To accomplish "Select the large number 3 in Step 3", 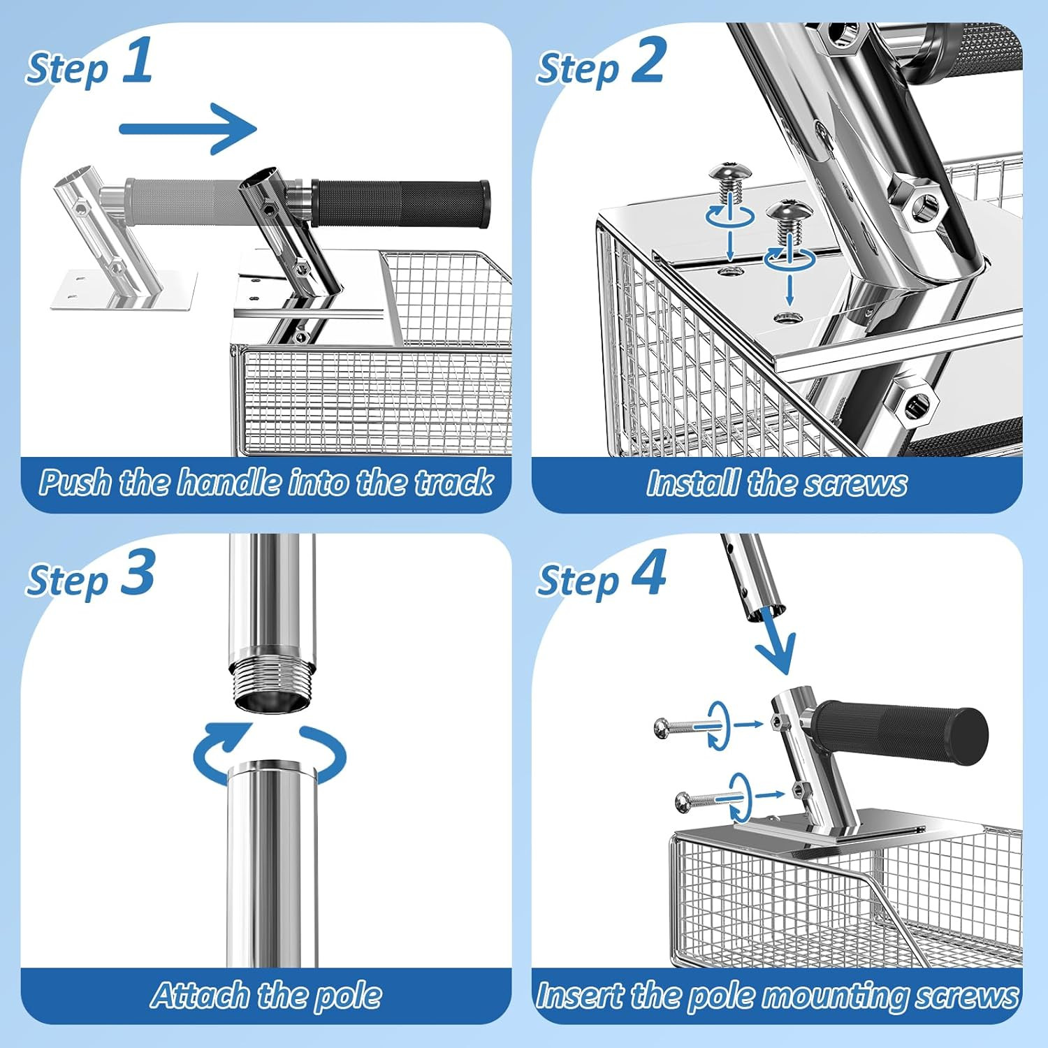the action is click(138, 572).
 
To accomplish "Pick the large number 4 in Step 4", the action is click(649, 572).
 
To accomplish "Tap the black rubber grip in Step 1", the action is click(400, 203).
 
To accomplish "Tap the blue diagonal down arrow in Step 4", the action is click(776, 641).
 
